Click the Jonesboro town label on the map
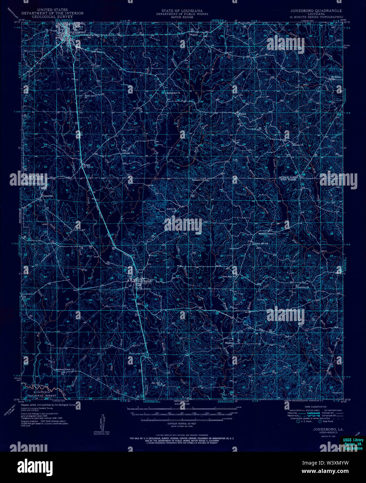(x=77, y=32)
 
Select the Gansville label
(x=48, y=196)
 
